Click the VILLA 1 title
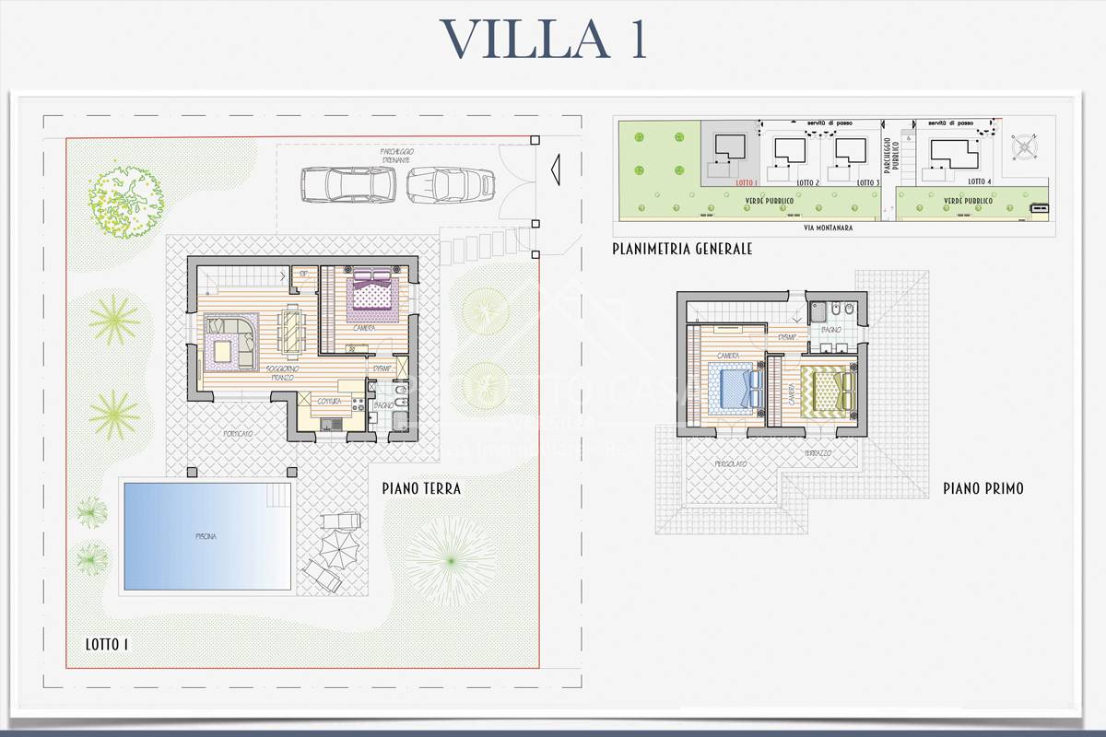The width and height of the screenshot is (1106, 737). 544,39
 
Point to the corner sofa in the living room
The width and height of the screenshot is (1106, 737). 230,341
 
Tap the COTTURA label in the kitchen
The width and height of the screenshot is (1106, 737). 330,402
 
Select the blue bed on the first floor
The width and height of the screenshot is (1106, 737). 735,387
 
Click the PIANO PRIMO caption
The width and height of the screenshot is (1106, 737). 982,489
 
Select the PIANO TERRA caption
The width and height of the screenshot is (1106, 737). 421,488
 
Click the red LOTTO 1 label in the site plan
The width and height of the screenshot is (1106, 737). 747,182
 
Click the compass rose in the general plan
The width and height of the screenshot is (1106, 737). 1025,146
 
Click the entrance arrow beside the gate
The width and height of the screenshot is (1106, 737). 555,170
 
